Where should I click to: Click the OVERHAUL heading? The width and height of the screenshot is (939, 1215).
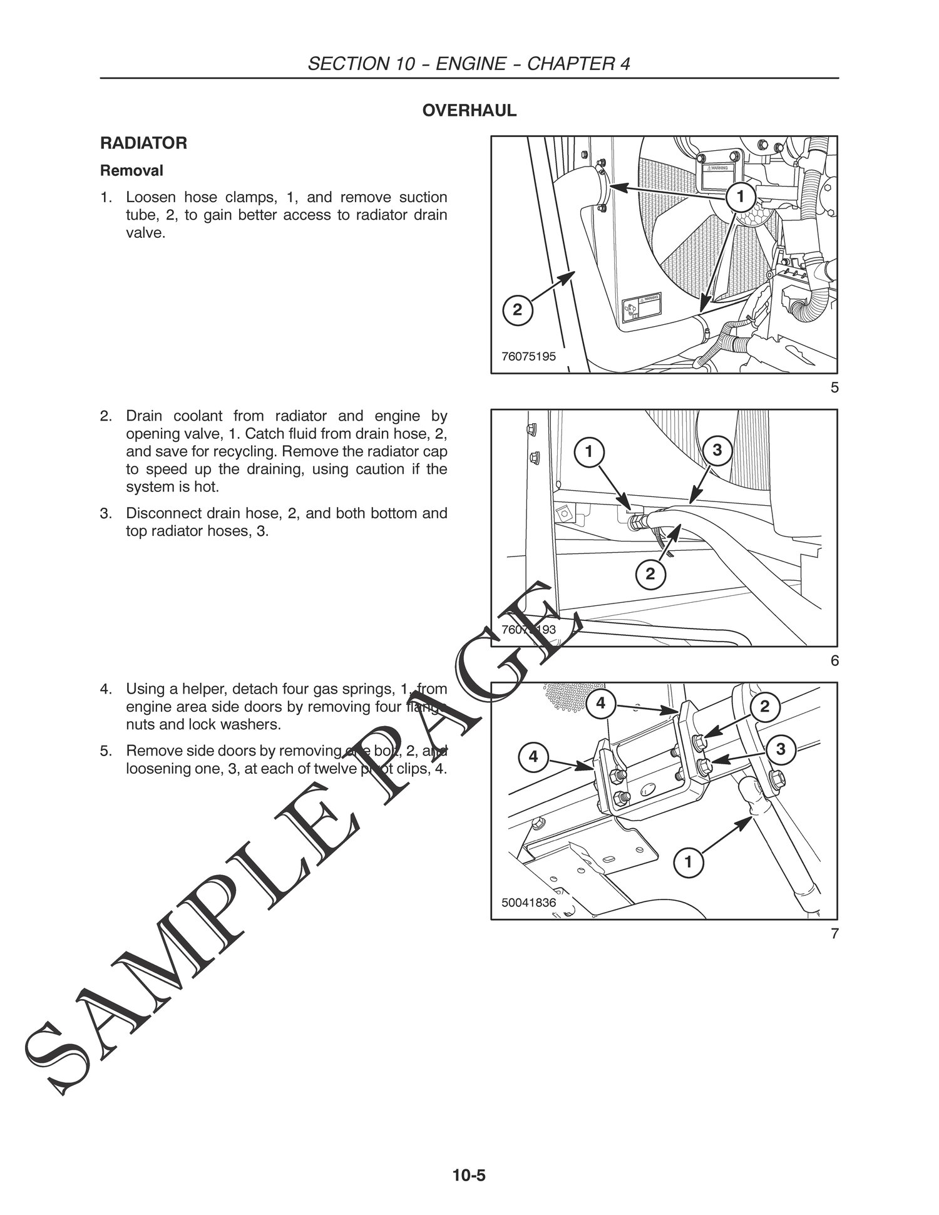pos(469,111)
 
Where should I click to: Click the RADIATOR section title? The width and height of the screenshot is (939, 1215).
pos(143,143)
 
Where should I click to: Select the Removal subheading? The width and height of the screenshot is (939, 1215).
pos(132,170)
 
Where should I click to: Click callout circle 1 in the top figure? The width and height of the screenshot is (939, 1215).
pos(740,197)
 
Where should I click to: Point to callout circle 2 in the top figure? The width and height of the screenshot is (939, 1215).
pos(517,310)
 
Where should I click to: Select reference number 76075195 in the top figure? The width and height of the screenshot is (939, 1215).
pos(528,357)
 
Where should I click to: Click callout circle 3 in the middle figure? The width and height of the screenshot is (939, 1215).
pos(717,450)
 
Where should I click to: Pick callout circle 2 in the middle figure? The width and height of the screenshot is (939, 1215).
pos(650,573)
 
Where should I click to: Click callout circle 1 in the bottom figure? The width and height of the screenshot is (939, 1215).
pos(688,863)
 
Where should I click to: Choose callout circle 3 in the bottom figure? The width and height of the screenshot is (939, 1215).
pos(781,749)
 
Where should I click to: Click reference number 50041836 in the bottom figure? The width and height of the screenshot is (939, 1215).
pos(528,903)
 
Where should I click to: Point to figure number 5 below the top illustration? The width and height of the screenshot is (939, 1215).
pos(834,388)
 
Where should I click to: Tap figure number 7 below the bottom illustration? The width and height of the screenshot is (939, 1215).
pos(834,935)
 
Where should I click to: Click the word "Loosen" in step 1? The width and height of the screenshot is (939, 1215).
pos(147,198)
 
